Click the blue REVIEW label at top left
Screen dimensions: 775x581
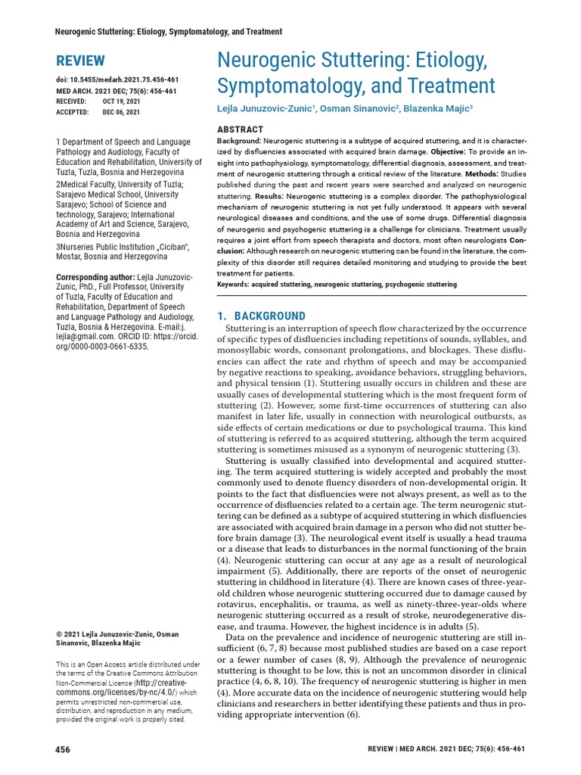pyautogui.click(x=81, y=61)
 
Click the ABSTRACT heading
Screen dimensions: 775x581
pyautogui.click(x=241, y=129)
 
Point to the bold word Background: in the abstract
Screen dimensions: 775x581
pyautogui.click(x=239, y=142)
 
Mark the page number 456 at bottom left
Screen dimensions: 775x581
pyautogui.click(x=63, y=749)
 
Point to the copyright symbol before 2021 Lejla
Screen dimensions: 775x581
pyautogui.click(x=60, y=633)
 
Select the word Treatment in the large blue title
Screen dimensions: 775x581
pyautogui.click(x=451, y=85)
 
